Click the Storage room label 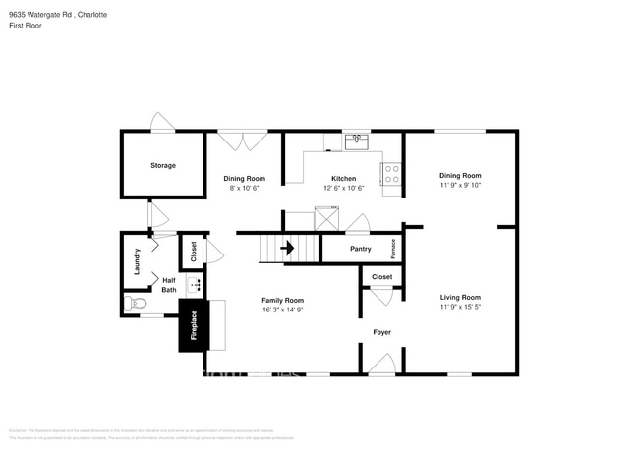point(163,165)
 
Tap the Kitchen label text point(343,178)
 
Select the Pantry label point(360,250)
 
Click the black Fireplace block point(194,325)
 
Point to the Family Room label point(282,299)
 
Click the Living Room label point(459,297)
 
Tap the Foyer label point(381,332)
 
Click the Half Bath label point(169,284)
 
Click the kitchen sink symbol point(357,141)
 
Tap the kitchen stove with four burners point(391,174)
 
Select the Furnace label point(393,249)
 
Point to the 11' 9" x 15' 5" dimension point(459,308)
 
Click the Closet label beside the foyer point(381,277)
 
